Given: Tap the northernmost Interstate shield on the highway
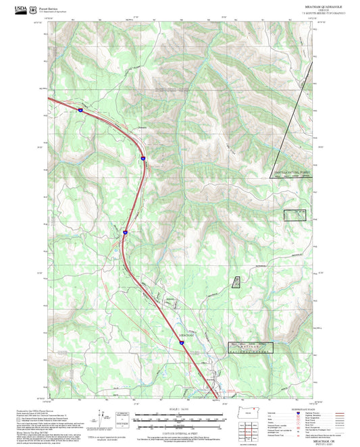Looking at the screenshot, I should [79, 108].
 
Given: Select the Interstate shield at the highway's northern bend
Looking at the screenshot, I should [143, 158].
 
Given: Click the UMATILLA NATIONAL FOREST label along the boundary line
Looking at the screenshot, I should [294, 173].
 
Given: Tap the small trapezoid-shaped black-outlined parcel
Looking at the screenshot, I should [237, 282].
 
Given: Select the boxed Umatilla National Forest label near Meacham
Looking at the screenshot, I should [251, 348].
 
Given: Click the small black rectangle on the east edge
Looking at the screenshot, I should [295, 215].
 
